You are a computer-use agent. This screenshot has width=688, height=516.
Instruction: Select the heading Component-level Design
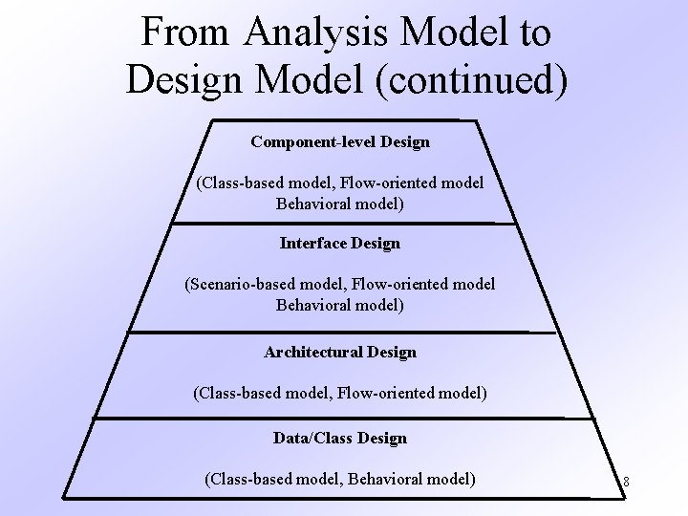click(x=340, y=141)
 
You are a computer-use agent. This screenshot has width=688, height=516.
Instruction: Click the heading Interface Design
click(x=340, y=243)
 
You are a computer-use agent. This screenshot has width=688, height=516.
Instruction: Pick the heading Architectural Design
click(x=340, y=352)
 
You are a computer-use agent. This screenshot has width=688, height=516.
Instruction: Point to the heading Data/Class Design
click(x=340, y=438)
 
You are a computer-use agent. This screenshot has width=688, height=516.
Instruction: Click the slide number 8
click(x=625, y=481)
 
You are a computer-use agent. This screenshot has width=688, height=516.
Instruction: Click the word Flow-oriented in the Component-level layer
click(x=379, y=182)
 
